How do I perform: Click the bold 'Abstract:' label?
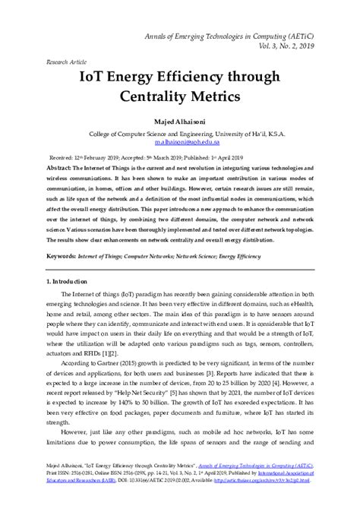[63, 166]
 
